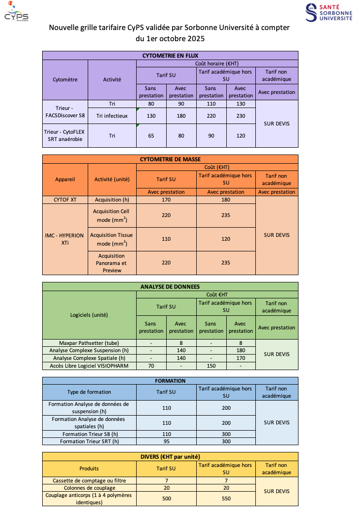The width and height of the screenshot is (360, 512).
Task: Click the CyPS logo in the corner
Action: pos(16,13)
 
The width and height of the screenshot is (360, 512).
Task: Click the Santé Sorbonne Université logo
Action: pos(329,12)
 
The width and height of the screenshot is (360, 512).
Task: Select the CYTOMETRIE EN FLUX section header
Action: pos(170,56)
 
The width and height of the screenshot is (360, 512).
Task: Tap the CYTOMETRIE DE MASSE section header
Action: pos(170,159)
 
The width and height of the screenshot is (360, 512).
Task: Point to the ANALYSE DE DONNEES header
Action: pos(170,287)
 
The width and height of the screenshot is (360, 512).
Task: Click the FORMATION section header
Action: pos(170,381)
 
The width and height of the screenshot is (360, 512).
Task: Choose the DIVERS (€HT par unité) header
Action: pos(170,457)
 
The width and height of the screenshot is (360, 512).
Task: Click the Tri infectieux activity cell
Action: pos(112,116)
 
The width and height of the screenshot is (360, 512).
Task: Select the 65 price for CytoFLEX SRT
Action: pos(151,136)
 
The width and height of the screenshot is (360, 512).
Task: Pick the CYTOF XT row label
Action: pos(65,200)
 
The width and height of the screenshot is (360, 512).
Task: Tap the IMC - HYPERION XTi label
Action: pos(65,239)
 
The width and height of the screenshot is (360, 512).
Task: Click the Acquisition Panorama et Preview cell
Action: pos(112,263)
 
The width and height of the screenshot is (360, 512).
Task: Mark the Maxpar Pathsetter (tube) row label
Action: pos(89,342)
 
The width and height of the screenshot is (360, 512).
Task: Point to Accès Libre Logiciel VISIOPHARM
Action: pos(89,366)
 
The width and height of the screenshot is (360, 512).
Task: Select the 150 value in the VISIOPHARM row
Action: pos(211,366)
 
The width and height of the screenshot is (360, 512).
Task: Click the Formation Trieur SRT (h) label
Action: pos(89,441)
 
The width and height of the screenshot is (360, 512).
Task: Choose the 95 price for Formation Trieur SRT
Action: pos(166,441)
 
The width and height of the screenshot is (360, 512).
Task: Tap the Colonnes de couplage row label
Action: pos(89,488)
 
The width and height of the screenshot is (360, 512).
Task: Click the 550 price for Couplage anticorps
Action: pos(226,498)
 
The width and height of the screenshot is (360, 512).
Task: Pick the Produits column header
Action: pos(89,468)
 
